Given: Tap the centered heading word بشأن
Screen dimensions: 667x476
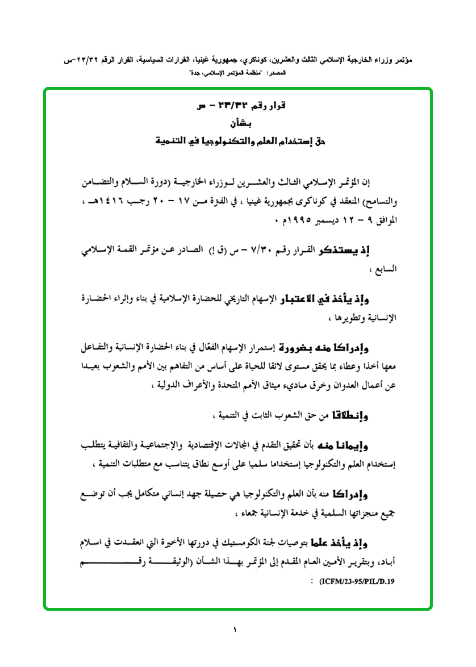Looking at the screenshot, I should click(x=237, y=122).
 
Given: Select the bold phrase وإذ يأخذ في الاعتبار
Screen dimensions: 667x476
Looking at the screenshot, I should click(x=332, y=299).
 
